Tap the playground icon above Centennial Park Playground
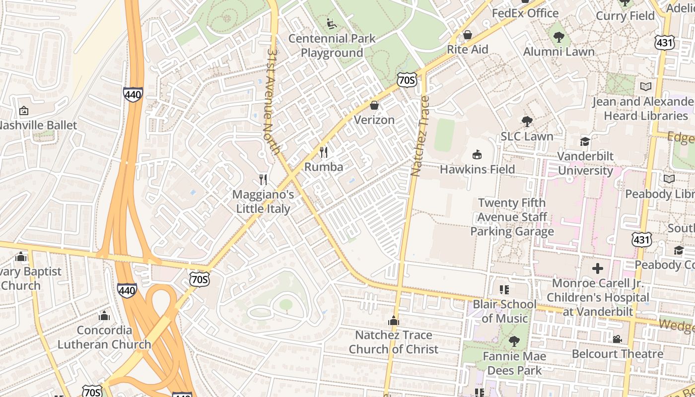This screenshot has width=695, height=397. (x=332, y=23)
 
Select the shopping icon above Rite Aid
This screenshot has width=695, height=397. (x=467, y=35)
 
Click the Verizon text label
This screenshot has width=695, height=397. (x=374, y=120)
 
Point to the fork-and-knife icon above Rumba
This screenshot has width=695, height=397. (x=324, y=152)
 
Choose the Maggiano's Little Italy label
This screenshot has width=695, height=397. (x=263, y=201)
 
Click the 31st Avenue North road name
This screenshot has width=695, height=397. (x=274, y=101)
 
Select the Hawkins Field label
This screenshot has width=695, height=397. (x=477, y=169)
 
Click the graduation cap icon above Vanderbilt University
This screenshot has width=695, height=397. (x=585, y=141)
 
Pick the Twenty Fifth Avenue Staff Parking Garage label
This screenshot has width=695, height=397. (x=512, y=217)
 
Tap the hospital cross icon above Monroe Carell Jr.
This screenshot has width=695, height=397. (x=598, y=268)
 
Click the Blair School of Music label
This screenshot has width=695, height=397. (x=504, y=311)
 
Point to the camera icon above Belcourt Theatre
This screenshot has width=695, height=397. (x=617, y=339)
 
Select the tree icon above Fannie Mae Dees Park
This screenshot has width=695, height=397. (x=514, y=341)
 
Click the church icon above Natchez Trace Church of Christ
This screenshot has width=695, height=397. (x=394, y=321)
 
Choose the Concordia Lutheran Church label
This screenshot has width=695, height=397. (x=104, y=337)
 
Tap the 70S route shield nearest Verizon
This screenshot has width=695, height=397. (x=407, y=80)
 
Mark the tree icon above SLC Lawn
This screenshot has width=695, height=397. (x=527, y=121)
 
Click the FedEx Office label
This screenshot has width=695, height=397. (x=525, y=13)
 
